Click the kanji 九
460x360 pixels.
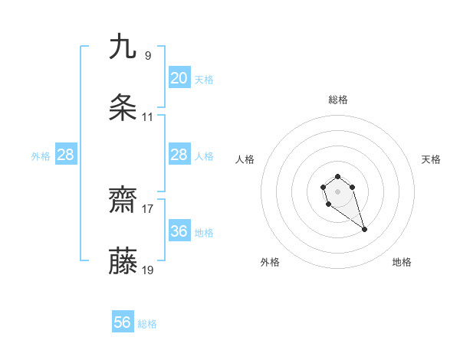pos(123,47)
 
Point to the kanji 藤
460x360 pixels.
pos(123,262)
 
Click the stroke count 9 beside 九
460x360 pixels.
pos(148,55)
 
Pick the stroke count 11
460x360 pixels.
pos(148,117)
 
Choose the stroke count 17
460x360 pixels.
pos(148,208)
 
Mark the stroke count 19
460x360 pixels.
pos(148,270)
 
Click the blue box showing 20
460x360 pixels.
pos(179,78)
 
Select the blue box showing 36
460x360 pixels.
pos(179,231)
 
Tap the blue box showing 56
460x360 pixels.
pos(123,322)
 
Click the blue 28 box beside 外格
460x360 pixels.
pos(66,155)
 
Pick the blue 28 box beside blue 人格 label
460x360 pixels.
pos(179,155)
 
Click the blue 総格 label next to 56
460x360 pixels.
pos(147,324)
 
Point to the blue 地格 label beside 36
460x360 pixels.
pos(204,232)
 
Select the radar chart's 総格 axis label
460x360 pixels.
pos(338,100)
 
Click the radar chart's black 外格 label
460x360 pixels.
pos(270,262)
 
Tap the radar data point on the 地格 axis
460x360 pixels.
pos(364,229)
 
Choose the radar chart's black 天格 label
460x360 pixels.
pos(431,159)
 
